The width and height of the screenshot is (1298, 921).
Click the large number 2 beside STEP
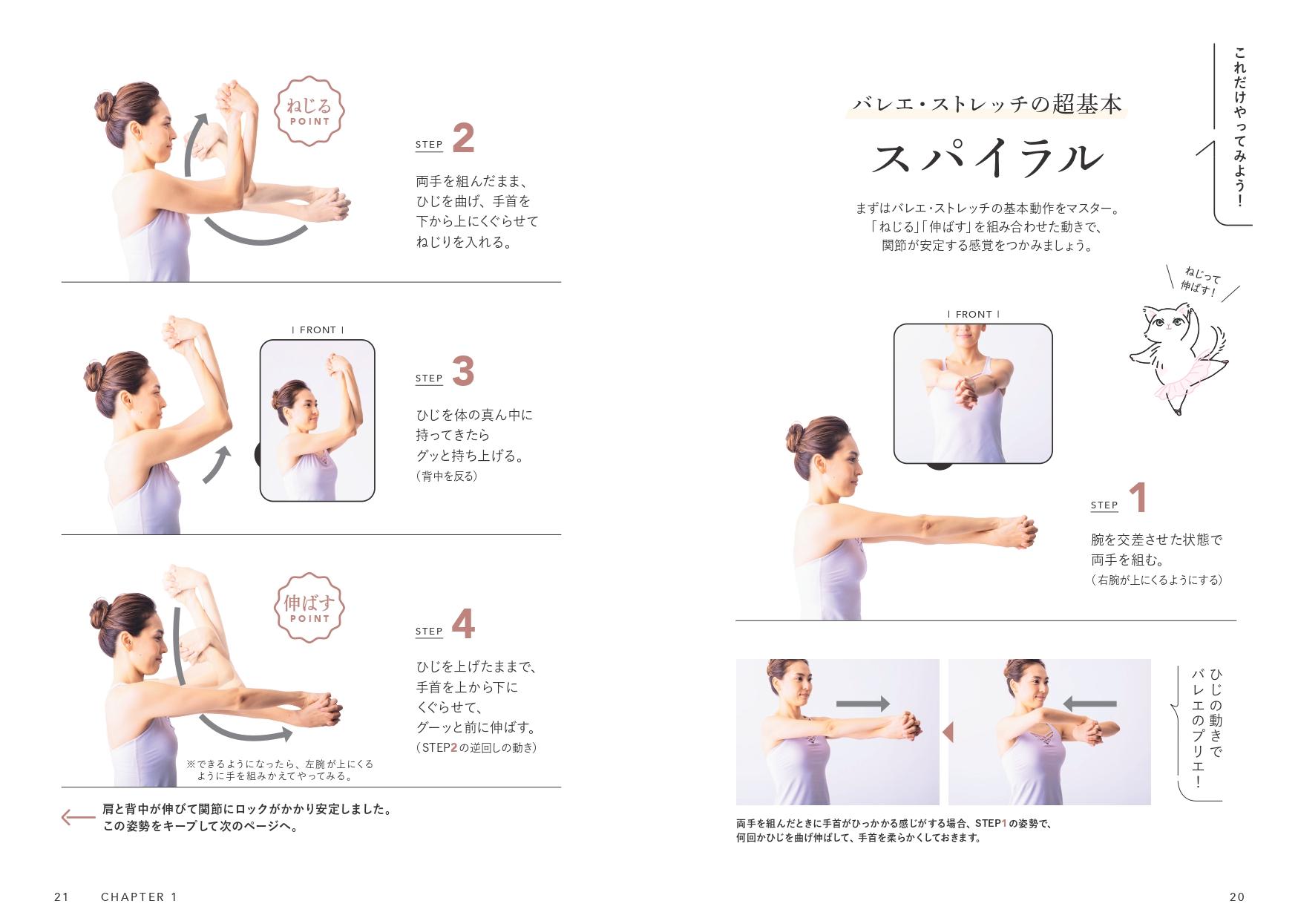tap(463, 140)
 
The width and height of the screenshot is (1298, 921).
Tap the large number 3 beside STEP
tap(463, 372)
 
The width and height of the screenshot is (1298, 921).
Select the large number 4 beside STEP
tap(463, 625)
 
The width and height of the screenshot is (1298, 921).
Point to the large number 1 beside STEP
tap(1138, 499)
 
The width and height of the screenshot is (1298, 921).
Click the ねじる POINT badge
tap(309, 111)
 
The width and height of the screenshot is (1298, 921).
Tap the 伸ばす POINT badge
tap(309, 608)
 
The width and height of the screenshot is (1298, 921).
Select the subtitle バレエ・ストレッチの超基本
tap(987, 105)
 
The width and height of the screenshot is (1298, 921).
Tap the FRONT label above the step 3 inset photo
tap(318, 330)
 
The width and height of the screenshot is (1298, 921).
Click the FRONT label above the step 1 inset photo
tap(974, 315)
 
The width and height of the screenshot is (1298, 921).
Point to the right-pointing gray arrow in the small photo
tap(862, 704)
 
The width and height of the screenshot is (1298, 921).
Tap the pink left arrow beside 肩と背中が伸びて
tap(77, 818)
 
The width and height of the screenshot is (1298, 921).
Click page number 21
tap(62, 897)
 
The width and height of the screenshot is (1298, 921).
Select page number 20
tap(1237, 897)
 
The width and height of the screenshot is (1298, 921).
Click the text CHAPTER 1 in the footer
tap(140, 897)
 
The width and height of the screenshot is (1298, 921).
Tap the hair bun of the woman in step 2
tap(103, 103)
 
